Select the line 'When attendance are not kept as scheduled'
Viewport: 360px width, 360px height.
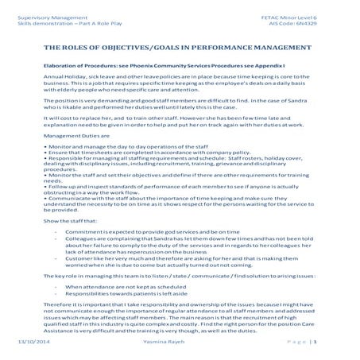[118, 286]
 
